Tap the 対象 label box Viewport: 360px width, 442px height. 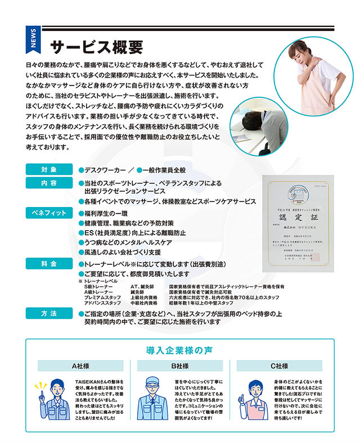tap(48, 169)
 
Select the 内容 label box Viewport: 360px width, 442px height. tap(48, 183)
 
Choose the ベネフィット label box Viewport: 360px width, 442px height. tap(48, 213)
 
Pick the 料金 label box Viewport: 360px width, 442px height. tap(48, 263)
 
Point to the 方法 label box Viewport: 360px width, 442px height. tap(48, 314)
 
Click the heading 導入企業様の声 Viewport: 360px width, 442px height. tap(179, 350)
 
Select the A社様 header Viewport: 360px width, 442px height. tap(80, 366)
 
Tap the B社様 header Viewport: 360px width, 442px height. tap(180, 366)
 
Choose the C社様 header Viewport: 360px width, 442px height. tap(279, 366)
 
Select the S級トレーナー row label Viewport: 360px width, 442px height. tap(98, 286)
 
